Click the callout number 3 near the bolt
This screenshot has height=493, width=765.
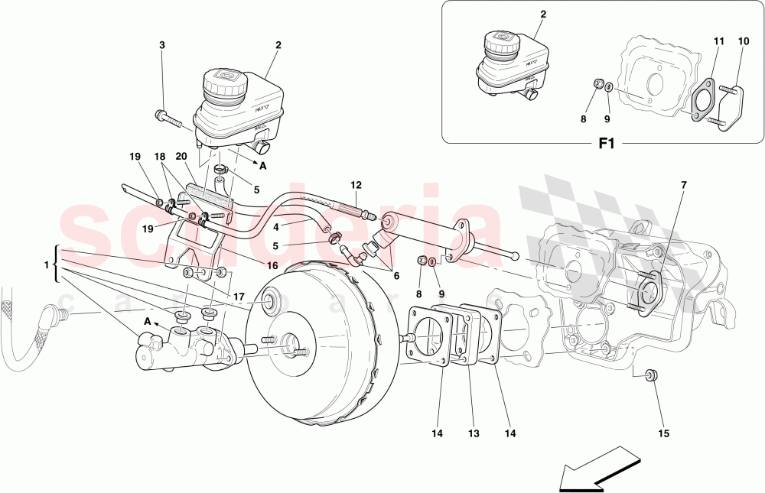pyautogui.click(x=161, y=45)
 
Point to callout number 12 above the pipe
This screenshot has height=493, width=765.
pyautogui.click(x=356, y=185)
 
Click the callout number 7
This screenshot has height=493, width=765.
pyautogui.click(x=683, y=185)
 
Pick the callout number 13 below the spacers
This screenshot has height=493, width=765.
pyautogui.click(x=474, y=434)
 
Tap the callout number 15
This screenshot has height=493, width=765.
pyautogui.click(x=663, y=434)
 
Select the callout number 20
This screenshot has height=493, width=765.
pyautogui.click(x=181, y=156)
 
